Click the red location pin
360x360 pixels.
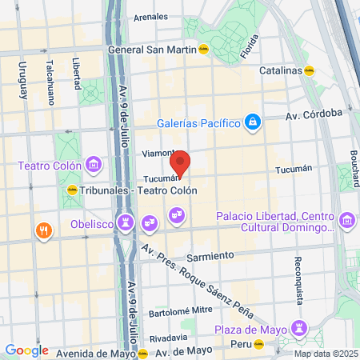(181, 163)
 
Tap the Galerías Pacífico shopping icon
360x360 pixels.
(252, 122)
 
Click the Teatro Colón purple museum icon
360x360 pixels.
(94, 166)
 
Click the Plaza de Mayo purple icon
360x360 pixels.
(298, 328)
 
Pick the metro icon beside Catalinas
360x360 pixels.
(310, 70)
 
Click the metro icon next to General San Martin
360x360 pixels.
(204, 48)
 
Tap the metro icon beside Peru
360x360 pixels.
(258, 346)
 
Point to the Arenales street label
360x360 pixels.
(151, 16)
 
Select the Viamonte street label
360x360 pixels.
(157, 152)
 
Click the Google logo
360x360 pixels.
(26, 350)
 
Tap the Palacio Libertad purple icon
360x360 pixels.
(346, 219)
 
